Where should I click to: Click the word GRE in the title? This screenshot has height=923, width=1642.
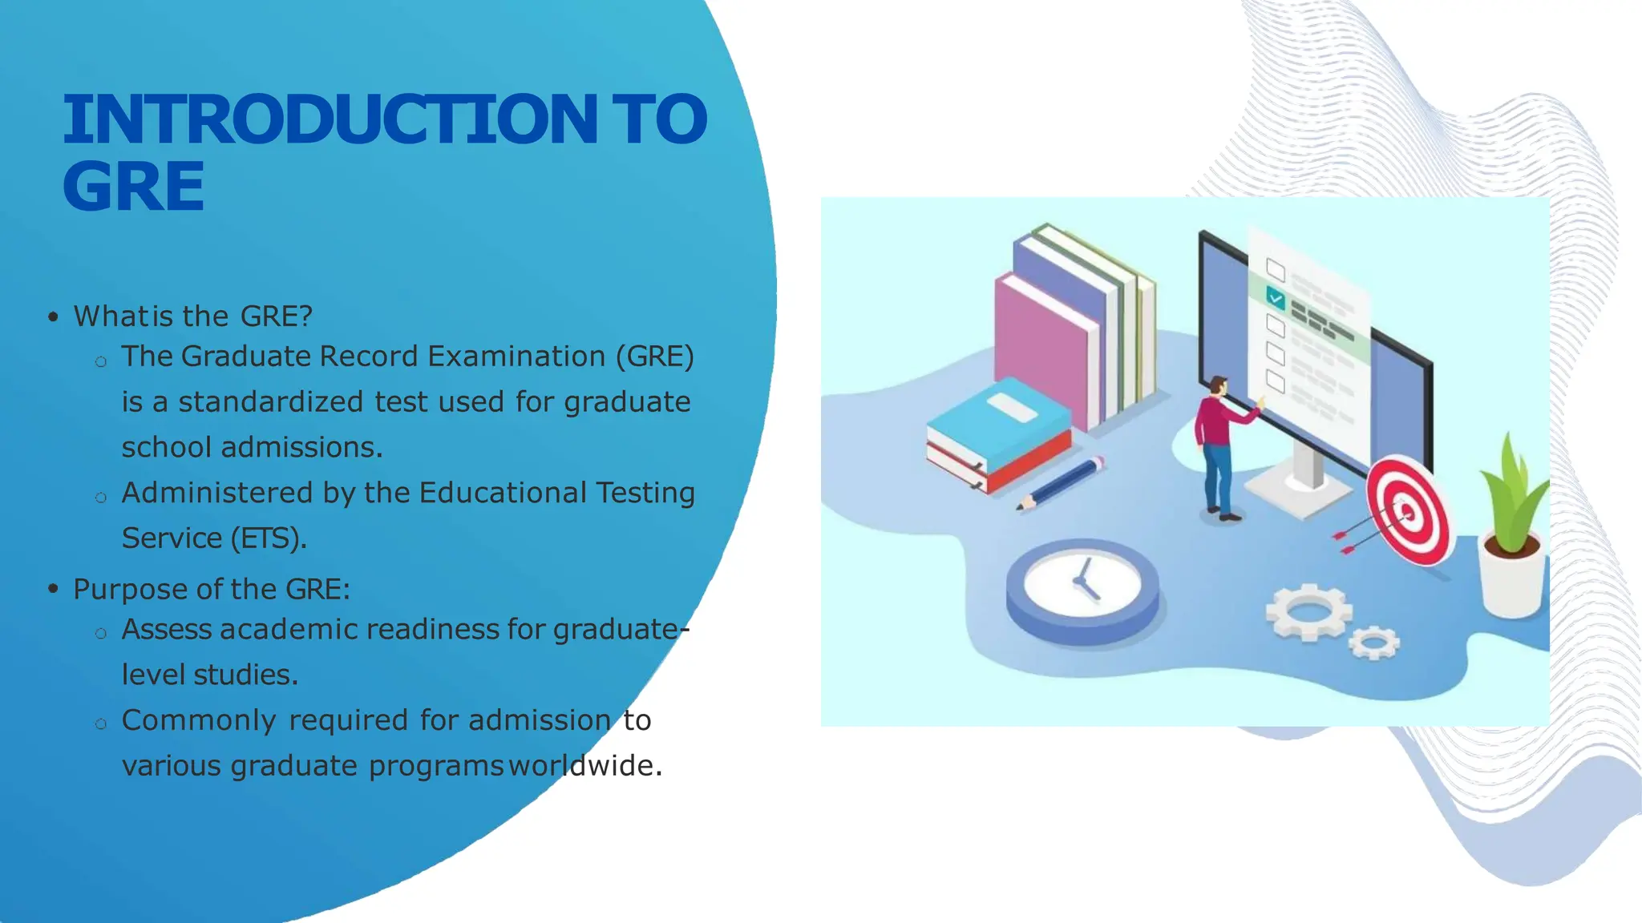click(133, 187)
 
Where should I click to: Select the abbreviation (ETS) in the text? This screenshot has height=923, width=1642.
click(268, 538)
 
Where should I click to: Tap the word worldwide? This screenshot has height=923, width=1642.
click(585, 766)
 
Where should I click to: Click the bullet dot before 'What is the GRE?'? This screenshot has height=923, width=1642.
click(53, 316)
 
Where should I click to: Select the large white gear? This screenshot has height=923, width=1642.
click(1308, 612)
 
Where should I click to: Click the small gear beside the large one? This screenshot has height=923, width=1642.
click(1374, 642)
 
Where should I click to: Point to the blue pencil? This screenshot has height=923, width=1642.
click(1062, 483)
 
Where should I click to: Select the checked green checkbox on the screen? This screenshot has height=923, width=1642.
click(1276, 299)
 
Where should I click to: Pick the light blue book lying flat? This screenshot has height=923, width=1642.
click(999, 425)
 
